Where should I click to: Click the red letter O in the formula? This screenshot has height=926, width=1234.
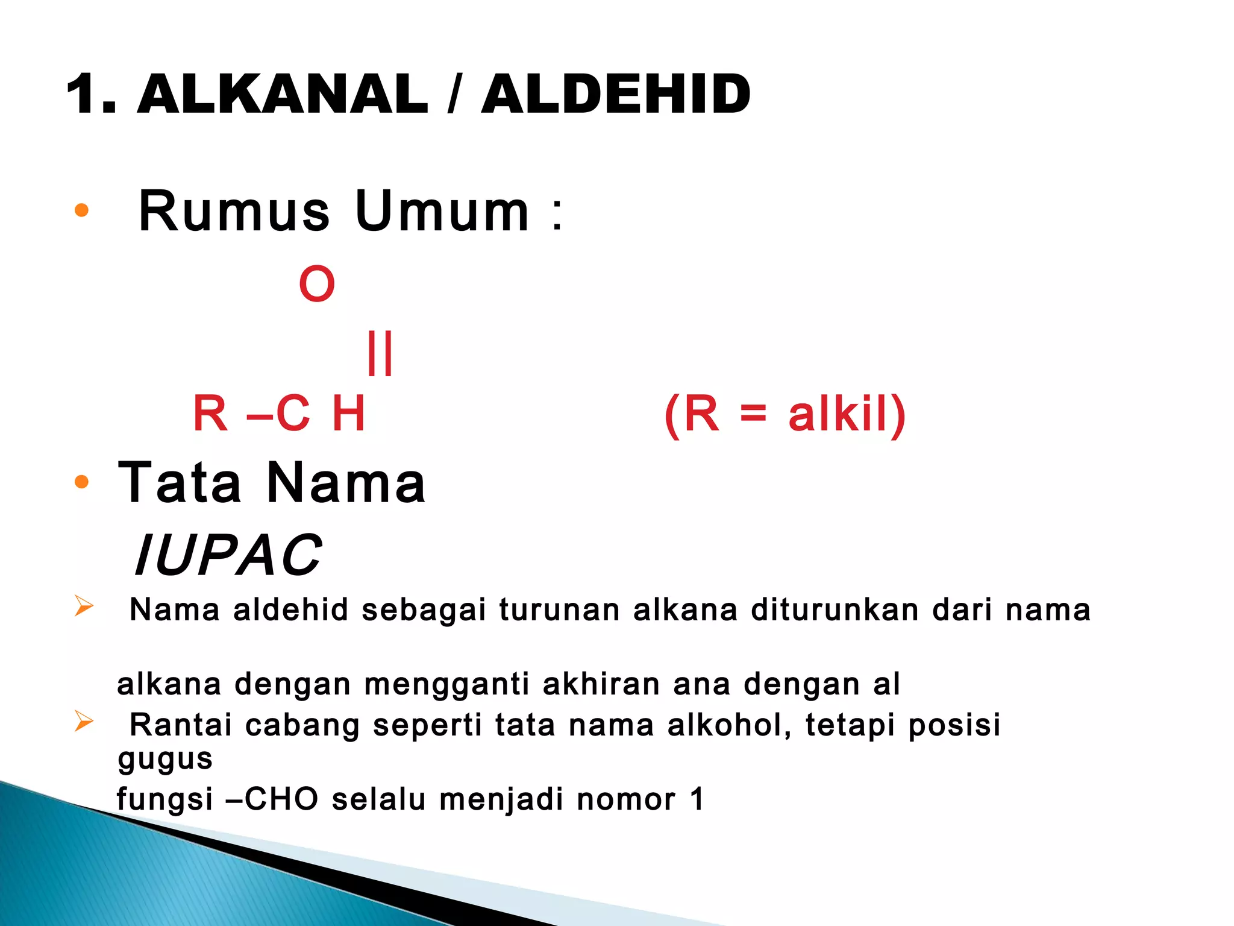pyautogui.click(x=317, y=284)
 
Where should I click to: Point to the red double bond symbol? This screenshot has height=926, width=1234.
pyautogui.click(x=380, y=353)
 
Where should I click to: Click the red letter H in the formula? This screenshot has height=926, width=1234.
pyautogui.click(x=348, y=414)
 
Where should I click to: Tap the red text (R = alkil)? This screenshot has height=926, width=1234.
pyautogui.click(x=785, y=414)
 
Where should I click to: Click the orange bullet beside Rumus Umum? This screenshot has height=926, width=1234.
pyautogui.click(x=81, y=211)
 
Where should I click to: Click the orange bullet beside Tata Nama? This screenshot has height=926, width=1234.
pyautogui.click(x=81, y=482)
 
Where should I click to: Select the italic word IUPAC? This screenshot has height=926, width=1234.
pyautogui.click(x=228, y=555)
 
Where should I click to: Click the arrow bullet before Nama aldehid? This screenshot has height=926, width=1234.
pyautogui.click(x=84, y=606)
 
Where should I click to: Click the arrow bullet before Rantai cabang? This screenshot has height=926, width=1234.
pyautogui.click(x=84, y=721)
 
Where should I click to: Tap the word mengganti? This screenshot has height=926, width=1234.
pyautogui.click(x=446, y=685)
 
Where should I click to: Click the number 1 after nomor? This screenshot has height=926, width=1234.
pyautogui.click(x=697, y=799)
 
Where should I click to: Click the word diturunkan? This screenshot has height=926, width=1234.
pyautogui.click(x=835, y=609)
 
